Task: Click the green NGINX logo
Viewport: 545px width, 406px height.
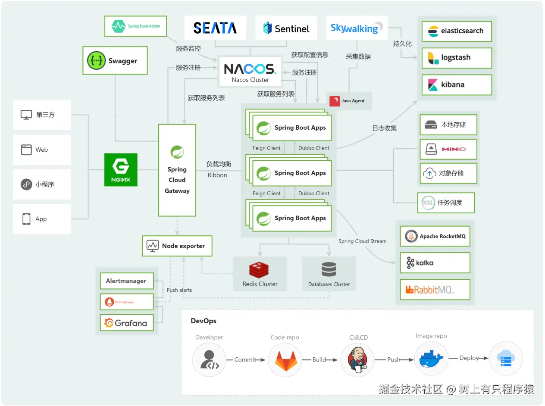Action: pos(121,170)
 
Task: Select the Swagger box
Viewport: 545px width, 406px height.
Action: pos(115,61)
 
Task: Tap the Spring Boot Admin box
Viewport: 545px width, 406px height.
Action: pos(135,26)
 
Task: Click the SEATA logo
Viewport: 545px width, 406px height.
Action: pos(215,28)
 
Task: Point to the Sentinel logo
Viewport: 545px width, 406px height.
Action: pos(286,29)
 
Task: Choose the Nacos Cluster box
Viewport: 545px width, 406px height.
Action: pos(250,72)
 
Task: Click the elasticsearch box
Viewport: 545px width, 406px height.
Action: pos(457,31)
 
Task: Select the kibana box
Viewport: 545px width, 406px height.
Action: pos(457,84)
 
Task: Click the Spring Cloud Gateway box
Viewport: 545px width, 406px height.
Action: pos(177,170)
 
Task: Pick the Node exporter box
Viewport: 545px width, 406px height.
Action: pos(177,246)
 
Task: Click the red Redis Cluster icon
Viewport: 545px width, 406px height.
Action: pos(259,270)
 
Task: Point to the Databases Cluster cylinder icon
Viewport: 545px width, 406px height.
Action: pos(329,270)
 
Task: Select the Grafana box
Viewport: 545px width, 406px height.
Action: pos(127,323)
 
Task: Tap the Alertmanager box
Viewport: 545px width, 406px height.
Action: pos(127,281)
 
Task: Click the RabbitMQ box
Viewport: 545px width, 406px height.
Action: pos(435,290)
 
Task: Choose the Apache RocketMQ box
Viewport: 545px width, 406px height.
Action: pos(435,236)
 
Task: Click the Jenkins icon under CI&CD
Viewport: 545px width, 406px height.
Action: pos(357,359)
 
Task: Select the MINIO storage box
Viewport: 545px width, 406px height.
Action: pos(448,149)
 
